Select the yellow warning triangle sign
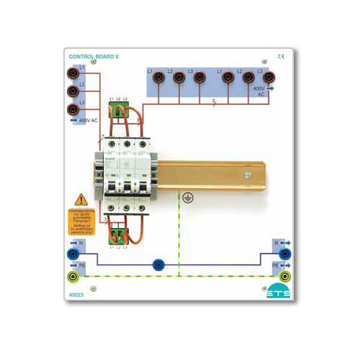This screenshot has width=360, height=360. pyautogui.click(x=80, y=200)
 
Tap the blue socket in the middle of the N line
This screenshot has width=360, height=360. pyautogui.click(x=158, y=263)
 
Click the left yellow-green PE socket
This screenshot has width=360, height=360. pyautogui.click(x=73, y=276)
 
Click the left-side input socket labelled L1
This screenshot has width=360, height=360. pyautogui.click(x=73, y=74)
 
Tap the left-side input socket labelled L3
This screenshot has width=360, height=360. pyautogui.click(x=73, y=109)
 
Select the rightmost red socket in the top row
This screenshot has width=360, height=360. pyautogui.click(x=267, y=77)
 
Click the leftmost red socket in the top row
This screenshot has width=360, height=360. pyautogui.click(x=159, y=77)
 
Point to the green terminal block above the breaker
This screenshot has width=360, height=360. pyautogui.click(x=118, y=110)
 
